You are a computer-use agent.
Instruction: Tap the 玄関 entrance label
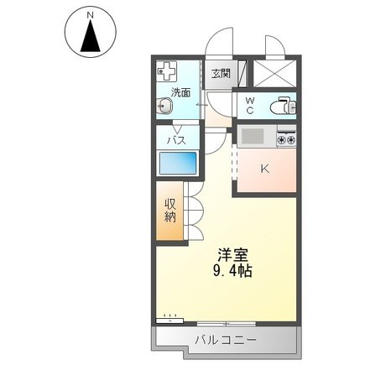220,72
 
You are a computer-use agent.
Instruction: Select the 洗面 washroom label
181,91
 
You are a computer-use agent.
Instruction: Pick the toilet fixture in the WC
283,106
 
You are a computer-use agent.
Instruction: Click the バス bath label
177,139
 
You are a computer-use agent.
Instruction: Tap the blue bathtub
177,163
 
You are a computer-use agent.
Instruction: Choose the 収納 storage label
169,209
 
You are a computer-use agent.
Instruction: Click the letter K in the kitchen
263,169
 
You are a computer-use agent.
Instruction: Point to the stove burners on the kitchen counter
286,136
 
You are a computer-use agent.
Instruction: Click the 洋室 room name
232,253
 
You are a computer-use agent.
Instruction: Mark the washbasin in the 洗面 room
164,107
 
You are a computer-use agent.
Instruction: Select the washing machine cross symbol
166,71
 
